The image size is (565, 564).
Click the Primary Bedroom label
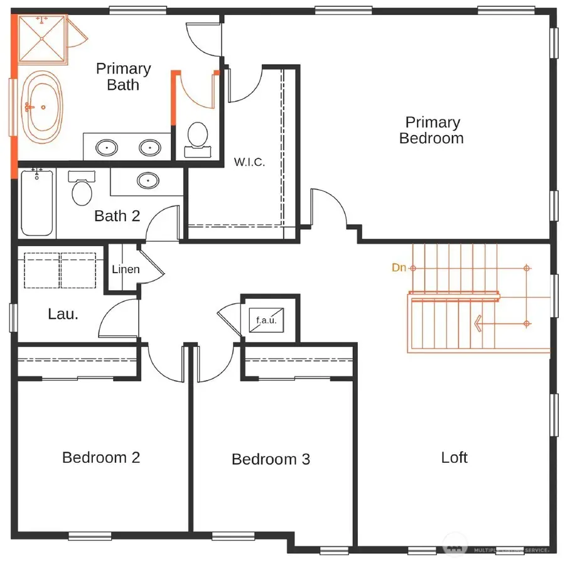click(x=432, y=130)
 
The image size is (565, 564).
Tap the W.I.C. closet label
click(x=249, y=162)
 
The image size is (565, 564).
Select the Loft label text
click(x=454, y=457)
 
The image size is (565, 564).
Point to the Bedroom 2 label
click(x=100, y=457)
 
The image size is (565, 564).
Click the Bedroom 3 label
click(x=271, y=459)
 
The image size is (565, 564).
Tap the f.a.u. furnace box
click(x=266, y=320)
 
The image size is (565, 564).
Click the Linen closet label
click(x=126, y=269)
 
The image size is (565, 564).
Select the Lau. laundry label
click(x=63, y=313)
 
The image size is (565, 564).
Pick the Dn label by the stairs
click(x=399, y=268)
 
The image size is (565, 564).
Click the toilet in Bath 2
click(x=82, y=189)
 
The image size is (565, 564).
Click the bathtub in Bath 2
click(x=36, y=202)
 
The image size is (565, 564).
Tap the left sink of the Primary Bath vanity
click(x=107, y=148)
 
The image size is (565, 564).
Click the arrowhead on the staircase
click(x=478, y=324)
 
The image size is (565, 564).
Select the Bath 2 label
click(x=117, y=216)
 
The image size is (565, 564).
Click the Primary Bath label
click(x=123, y=77)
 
